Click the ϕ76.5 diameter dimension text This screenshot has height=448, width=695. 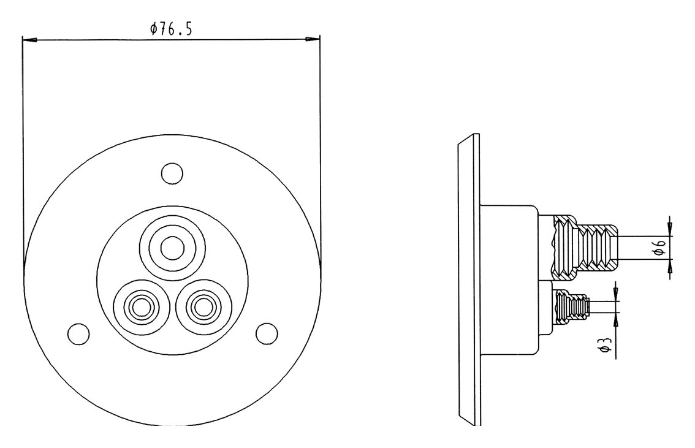point(171,29)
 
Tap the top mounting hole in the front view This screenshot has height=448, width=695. point(172,172)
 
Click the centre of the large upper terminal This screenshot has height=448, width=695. point(172,248)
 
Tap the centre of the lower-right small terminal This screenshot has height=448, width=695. point(202,305)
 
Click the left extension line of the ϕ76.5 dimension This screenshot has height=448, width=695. point(22,153)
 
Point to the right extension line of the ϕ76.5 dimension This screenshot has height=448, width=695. point(321,153)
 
